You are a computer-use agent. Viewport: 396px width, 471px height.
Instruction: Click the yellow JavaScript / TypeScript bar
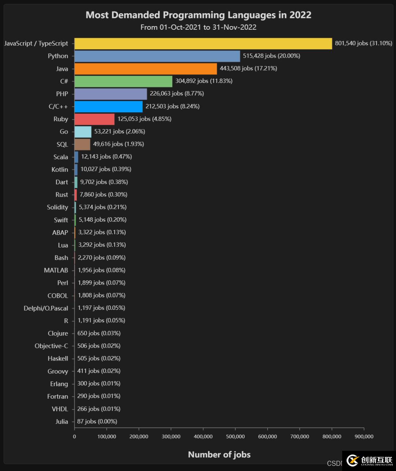click(x=203, y=43)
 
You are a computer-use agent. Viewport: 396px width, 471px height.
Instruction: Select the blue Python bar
click(x=157, y=56)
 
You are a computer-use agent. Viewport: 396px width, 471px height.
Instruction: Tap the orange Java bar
click(x=146, y=69)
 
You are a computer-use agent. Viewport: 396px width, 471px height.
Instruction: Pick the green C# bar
click(x=123, y=81)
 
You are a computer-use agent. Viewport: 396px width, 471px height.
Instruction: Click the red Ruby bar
click(x=94, y=119)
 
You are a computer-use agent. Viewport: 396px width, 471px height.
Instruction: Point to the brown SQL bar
click(x=82, y=144)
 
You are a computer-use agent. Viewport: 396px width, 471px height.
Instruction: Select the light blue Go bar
click(x=83, y=131)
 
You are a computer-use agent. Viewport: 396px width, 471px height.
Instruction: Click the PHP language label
click(x=62, y=94)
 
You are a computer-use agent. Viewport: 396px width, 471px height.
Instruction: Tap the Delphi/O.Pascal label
click(x=46, y=308)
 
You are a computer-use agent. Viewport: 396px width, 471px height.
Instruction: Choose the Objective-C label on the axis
click(x=51, y=346)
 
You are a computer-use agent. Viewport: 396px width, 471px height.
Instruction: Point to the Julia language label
click(x=62, y=421)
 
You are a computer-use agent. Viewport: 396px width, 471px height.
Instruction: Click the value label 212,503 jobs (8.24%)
click(x=172, y=106)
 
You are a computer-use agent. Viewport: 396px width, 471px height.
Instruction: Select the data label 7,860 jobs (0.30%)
click(x=103, y=195)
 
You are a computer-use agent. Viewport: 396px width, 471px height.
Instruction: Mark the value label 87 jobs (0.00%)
click(x=97, y=421)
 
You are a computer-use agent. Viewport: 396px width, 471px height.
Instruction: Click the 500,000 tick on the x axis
click(x=235, y=436)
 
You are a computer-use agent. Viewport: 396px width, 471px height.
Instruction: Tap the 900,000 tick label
click(x=364, y=436)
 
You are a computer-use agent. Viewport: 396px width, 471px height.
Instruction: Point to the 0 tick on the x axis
click(x=74, y=436)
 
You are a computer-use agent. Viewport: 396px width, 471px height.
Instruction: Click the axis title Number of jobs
click(x=219, y=454)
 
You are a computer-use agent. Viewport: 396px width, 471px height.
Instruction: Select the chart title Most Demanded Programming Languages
click(x=198, y=15)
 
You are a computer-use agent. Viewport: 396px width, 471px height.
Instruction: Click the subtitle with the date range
click(x=198, y=28)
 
